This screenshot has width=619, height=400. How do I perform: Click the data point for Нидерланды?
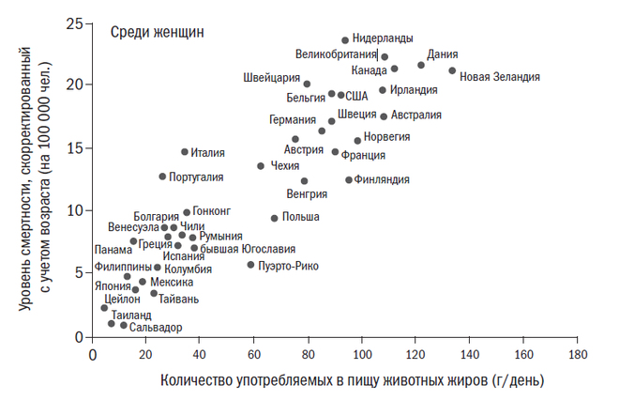(345, 40)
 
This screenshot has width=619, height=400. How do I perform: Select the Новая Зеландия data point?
(452, 70)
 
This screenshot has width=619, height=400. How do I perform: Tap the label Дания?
(442, 54)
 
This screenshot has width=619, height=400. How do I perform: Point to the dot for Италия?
(185, 151)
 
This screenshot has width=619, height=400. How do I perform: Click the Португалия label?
(196, 177)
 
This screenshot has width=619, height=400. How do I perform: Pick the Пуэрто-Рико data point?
(250, 265)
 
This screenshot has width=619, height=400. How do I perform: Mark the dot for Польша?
(275, 218)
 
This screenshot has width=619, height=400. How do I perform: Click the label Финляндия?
(384, 179)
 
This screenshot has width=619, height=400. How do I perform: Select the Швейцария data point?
(307, 84)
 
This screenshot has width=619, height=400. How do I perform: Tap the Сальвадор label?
(157, 327)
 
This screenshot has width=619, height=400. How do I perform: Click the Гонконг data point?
(187, 212)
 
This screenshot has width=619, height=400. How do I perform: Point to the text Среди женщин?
(158, 32)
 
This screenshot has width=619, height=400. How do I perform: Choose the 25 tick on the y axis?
(76, 22)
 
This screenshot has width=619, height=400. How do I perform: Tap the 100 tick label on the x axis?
(361, 356)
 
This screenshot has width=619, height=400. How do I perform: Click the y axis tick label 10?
(76, 210)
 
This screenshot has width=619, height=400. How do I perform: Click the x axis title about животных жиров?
(352, 381)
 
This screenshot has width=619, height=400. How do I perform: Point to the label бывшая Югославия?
(242, 249)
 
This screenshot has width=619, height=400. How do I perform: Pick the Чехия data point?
(261, 166)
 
